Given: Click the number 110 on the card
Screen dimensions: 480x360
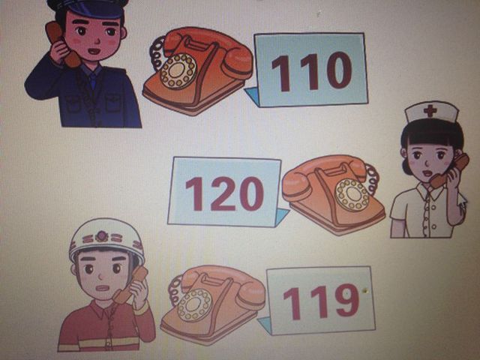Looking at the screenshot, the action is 312,72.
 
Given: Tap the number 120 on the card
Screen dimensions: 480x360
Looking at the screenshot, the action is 224,194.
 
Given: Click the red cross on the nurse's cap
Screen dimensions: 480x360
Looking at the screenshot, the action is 430,110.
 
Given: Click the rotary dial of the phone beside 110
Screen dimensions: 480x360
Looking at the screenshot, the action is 178,71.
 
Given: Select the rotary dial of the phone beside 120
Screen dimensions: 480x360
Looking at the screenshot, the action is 352,195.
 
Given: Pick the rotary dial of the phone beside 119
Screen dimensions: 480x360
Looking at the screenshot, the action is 194,305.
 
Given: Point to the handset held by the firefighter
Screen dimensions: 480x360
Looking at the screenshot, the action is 130,285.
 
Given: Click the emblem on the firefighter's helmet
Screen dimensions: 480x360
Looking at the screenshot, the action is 101,236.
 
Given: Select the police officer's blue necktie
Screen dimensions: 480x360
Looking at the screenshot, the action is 91,82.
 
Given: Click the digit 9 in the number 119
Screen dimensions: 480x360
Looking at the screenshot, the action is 347,300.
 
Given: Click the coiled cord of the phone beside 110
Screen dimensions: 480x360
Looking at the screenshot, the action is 157,54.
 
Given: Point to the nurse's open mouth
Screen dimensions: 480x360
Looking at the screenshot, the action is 427,173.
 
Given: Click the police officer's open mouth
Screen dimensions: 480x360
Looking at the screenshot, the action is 94,51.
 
